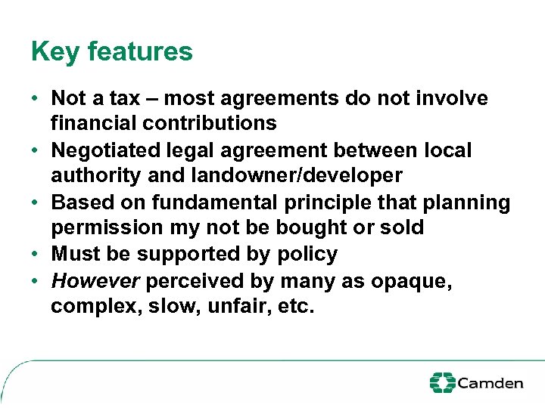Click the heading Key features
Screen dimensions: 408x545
[x=112, y=52]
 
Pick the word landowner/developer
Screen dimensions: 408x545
[x=296, y=175]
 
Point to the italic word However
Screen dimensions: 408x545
[x=95, y=281]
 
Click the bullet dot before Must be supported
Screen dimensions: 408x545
[x=36, y=254]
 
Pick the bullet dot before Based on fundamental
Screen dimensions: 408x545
[x=36, y=202]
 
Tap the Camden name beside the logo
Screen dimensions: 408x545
[x=490, y=383]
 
